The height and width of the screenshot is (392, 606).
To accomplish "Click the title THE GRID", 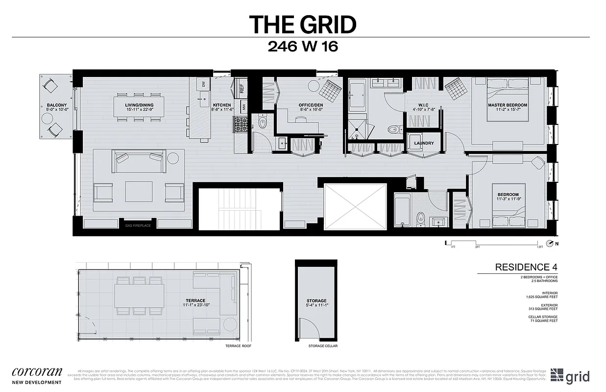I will (302, 24).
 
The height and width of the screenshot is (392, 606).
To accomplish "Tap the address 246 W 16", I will (303, 47).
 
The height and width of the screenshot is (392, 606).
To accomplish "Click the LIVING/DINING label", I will (137, 105).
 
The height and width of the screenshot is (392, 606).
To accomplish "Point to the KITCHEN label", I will (222, 105).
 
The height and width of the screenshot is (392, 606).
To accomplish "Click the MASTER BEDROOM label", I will (507, 105).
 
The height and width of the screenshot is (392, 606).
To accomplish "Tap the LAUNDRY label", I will (424, 143).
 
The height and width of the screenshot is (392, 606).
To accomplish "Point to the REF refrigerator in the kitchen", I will (242, 88).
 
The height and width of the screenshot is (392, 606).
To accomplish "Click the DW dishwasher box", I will (203, 84).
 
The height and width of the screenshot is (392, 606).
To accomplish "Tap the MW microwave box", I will (243, 106).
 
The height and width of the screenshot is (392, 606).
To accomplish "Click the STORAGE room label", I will (316, 301).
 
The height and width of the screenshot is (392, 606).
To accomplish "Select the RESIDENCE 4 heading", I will (526, 267).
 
